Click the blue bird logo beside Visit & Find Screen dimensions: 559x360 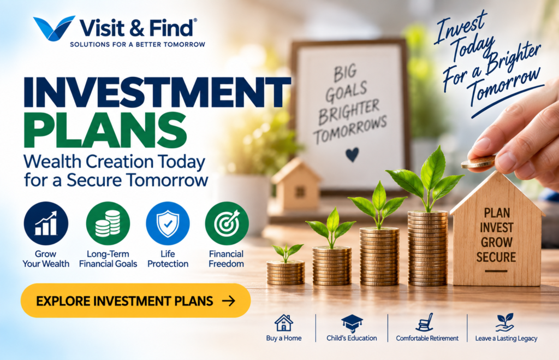(53, 28)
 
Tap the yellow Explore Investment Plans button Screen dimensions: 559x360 (135, 300)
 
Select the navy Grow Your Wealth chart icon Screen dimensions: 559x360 (46, 223)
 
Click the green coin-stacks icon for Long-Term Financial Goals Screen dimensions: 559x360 (108, 223)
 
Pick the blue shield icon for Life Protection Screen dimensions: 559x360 (168, 223)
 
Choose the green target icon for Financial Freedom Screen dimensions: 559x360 (227, 223)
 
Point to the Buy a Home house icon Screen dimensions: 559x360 (284, 322)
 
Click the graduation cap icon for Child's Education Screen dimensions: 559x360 (352, 323)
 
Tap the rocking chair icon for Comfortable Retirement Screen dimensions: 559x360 (425, 322)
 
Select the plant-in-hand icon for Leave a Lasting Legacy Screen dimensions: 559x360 (505, 322)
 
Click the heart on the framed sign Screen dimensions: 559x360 (352, 155)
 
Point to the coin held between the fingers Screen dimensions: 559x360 (477, 163)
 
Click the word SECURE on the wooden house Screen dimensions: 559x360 (496, 257)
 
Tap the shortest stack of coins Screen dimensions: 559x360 (286, 273)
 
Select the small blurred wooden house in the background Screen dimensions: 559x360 (296, 185)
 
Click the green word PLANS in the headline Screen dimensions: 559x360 (105, 130)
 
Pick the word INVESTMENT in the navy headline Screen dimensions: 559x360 (157, 92)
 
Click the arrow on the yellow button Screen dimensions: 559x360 (229, 301)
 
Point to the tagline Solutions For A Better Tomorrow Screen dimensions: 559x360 (138, 45)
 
